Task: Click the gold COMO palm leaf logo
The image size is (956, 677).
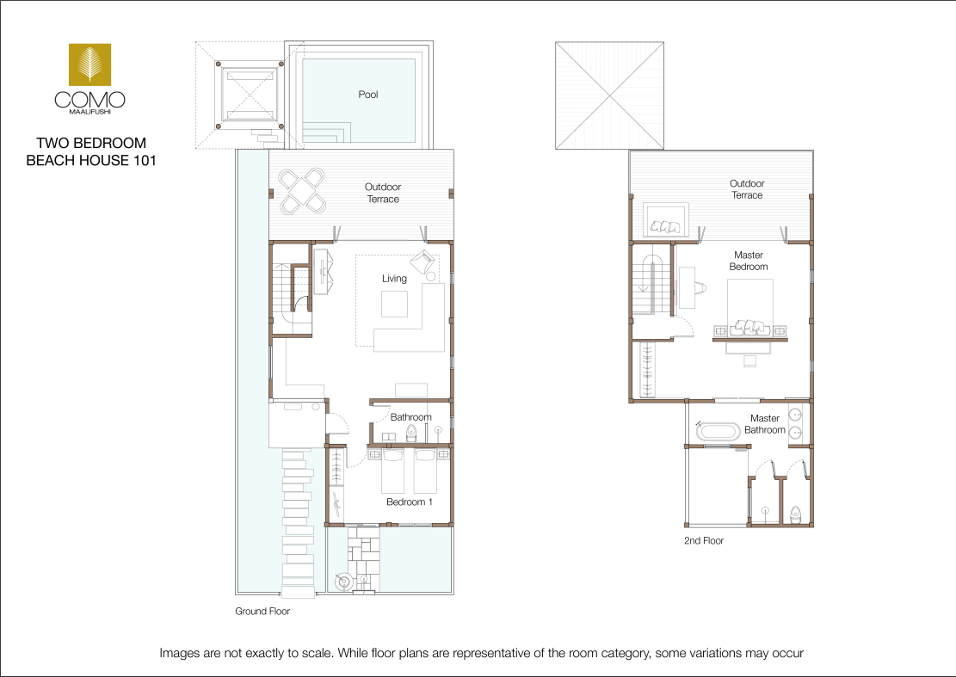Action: point(89,64)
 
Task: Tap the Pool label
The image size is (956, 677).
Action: point(368,95)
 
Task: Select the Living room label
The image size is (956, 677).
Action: point(394,279)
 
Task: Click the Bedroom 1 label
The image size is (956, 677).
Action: point(410,502)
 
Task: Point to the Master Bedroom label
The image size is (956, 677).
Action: point(749,261)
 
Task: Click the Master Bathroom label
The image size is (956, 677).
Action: point(765,424)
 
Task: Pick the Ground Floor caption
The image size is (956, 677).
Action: point(262,611)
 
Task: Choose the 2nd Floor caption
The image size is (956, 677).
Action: point(704,540)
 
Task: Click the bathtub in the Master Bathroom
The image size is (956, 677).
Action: point(719,432)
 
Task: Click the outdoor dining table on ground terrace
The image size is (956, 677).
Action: point(302,191)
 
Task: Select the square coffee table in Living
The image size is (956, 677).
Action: point(394,304)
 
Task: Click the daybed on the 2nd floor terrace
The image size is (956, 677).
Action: point(666,220)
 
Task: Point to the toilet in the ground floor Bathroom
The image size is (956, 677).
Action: point(411,433)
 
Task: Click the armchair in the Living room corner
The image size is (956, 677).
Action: point(422,262)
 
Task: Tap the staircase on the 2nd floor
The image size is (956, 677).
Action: point(651,286)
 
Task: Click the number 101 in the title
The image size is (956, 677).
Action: point(145,160)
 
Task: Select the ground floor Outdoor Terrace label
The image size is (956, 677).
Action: point(383,194)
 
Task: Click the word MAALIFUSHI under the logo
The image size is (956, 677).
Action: point(89,112)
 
